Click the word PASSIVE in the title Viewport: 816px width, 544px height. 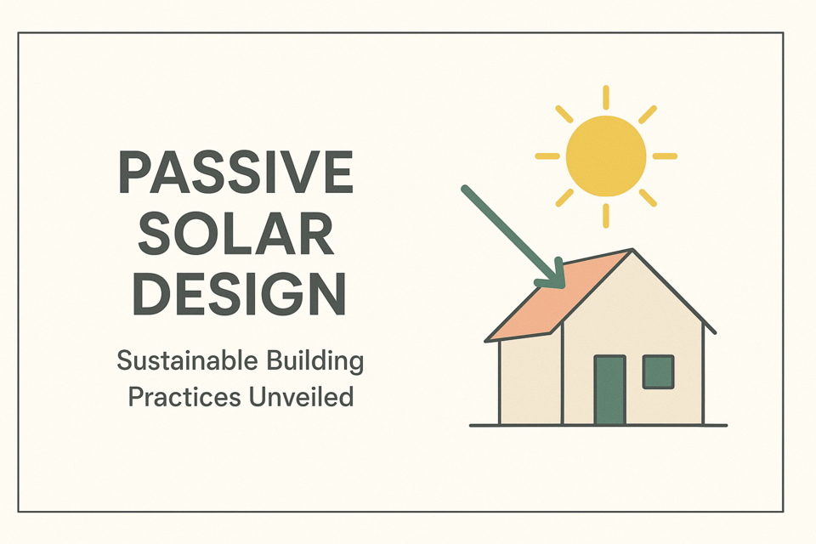point(237,172)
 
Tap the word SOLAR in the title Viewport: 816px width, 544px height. point(235,233)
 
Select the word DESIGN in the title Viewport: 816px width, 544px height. point(239,293)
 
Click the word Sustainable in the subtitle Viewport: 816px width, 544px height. point(187,360)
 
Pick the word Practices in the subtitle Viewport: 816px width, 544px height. point(184,397)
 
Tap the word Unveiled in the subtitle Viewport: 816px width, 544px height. point(301,396)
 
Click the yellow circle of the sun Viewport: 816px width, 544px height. point(606,156)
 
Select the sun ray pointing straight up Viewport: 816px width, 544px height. point(606,97)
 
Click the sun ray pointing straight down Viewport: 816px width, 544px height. point(606,216)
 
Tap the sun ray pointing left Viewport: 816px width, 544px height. point(547,156)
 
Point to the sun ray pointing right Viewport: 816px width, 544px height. point(665,156)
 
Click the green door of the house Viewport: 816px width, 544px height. point(610,390)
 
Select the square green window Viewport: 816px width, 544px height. point(658,371)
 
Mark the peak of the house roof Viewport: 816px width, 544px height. point(632,250)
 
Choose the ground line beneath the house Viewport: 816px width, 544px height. point(598,425)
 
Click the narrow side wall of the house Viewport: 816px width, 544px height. point(530,381)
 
